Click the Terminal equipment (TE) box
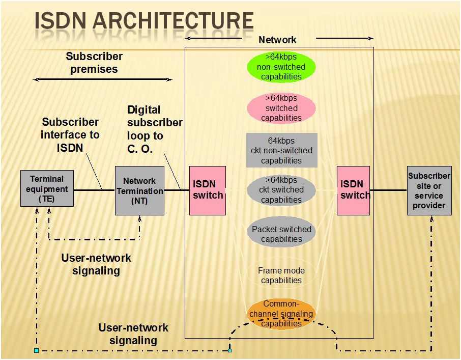tap(47, 188)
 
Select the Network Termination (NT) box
tap(139, 190)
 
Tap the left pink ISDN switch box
tap(207, 190)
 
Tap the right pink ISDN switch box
tap(353, 190)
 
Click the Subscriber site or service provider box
tap(429, 190)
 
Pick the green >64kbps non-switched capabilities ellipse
tap(281, 67)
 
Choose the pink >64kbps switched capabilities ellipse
tap(281, 108)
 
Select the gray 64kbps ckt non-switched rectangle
tap(281, 150)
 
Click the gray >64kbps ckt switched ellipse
tap(281, 190)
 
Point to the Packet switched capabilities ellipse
tap(281, 234)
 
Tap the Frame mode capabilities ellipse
tap(281, 275)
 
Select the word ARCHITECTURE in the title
tap(173, 21)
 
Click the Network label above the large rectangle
tap(277, 40)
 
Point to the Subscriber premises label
tap(94, 63)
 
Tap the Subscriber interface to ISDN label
tap(70, 134)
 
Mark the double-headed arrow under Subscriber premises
tap(102, 79)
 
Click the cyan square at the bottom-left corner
tap(36, 350)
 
